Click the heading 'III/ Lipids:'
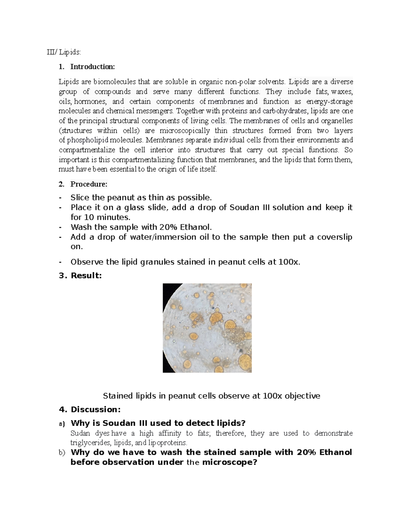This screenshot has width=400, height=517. tap(63, 52)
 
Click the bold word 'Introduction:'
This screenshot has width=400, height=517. tap(92, 67)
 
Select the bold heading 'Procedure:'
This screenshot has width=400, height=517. tap(89, 184)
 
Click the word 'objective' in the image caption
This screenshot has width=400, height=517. tap(302, 396)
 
